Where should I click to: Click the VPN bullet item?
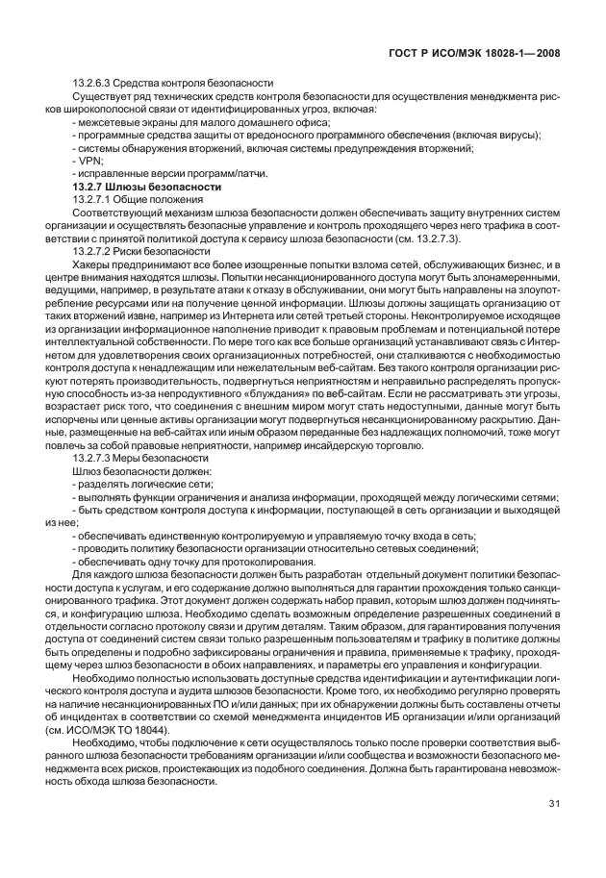[84, 161]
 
